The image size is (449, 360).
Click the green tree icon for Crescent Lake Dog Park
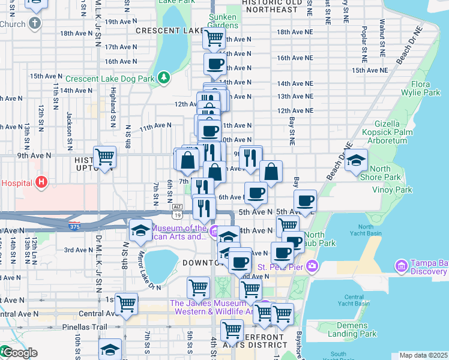163,78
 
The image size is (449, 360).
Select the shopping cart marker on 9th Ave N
104,157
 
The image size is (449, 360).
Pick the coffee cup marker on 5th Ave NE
305,200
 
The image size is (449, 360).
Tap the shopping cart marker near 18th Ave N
214,38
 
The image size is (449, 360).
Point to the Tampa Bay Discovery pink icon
400,265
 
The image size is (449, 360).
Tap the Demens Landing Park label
352,329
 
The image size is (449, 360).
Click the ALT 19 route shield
176,211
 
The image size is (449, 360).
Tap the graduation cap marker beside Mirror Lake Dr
140,230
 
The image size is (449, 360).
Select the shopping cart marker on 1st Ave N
126,304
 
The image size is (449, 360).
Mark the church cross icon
35,24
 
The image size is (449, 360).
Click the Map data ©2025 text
423,355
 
